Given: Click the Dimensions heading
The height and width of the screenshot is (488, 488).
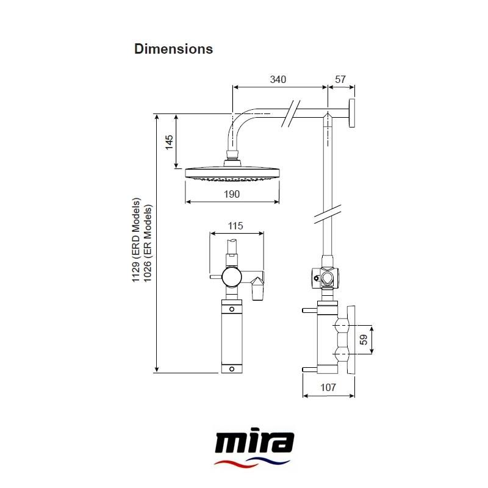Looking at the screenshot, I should point(173,49).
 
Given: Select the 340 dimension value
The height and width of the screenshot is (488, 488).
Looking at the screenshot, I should point(278,79).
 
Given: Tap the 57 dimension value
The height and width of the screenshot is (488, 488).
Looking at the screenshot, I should point(340,79).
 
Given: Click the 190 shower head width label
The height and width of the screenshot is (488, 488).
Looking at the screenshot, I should point(231,194).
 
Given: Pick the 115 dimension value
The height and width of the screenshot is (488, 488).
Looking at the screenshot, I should point(235,226).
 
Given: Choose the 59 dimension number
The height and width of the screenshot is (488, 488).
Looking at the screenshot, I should point(364,340).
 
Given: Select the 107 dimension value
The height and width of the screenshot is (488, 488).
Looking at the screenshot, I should point(328,387).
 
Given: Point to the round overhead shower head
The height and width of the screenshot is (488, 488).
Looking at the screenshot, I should point(232,173).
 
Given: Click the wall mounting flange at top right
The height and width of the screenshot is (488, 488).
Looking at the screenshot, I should point(352,113).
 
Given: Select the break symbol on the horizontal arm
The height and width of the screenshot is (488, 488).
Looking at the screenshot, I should point(290,113).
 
